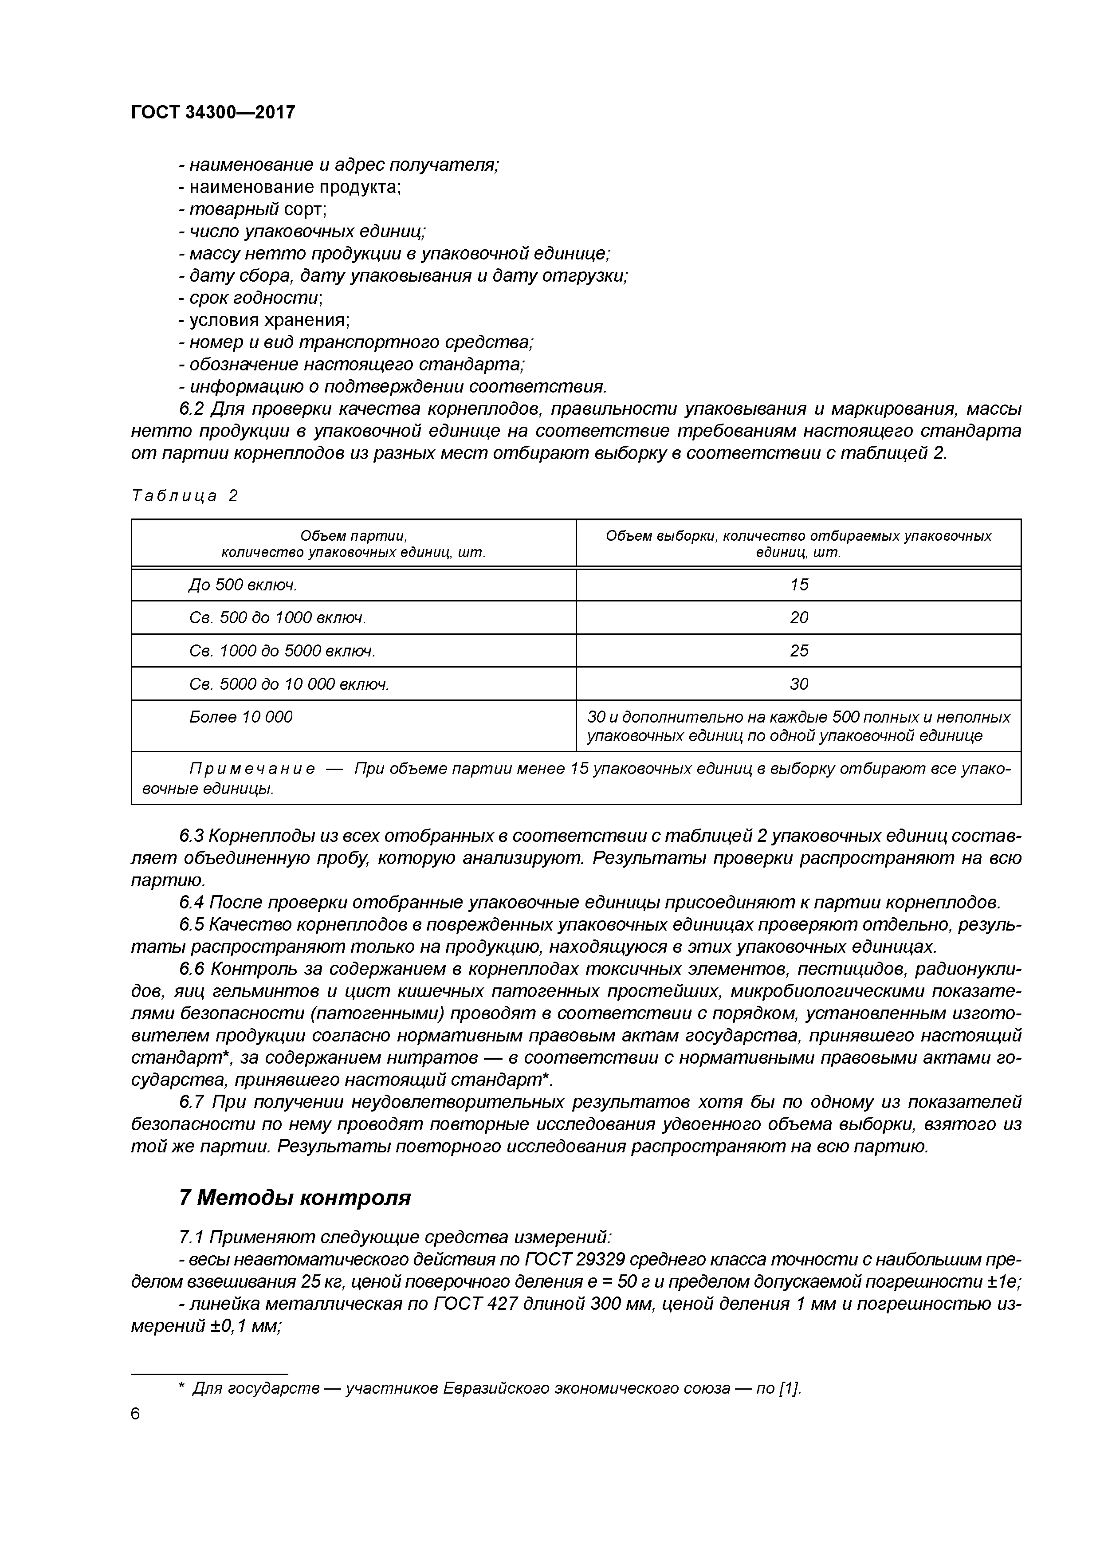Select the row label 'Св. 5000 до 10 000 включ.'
tap(289, 684)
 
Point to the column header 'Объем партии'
tap(353, 536)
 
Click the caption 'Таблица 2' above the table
tap(185, 496)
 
